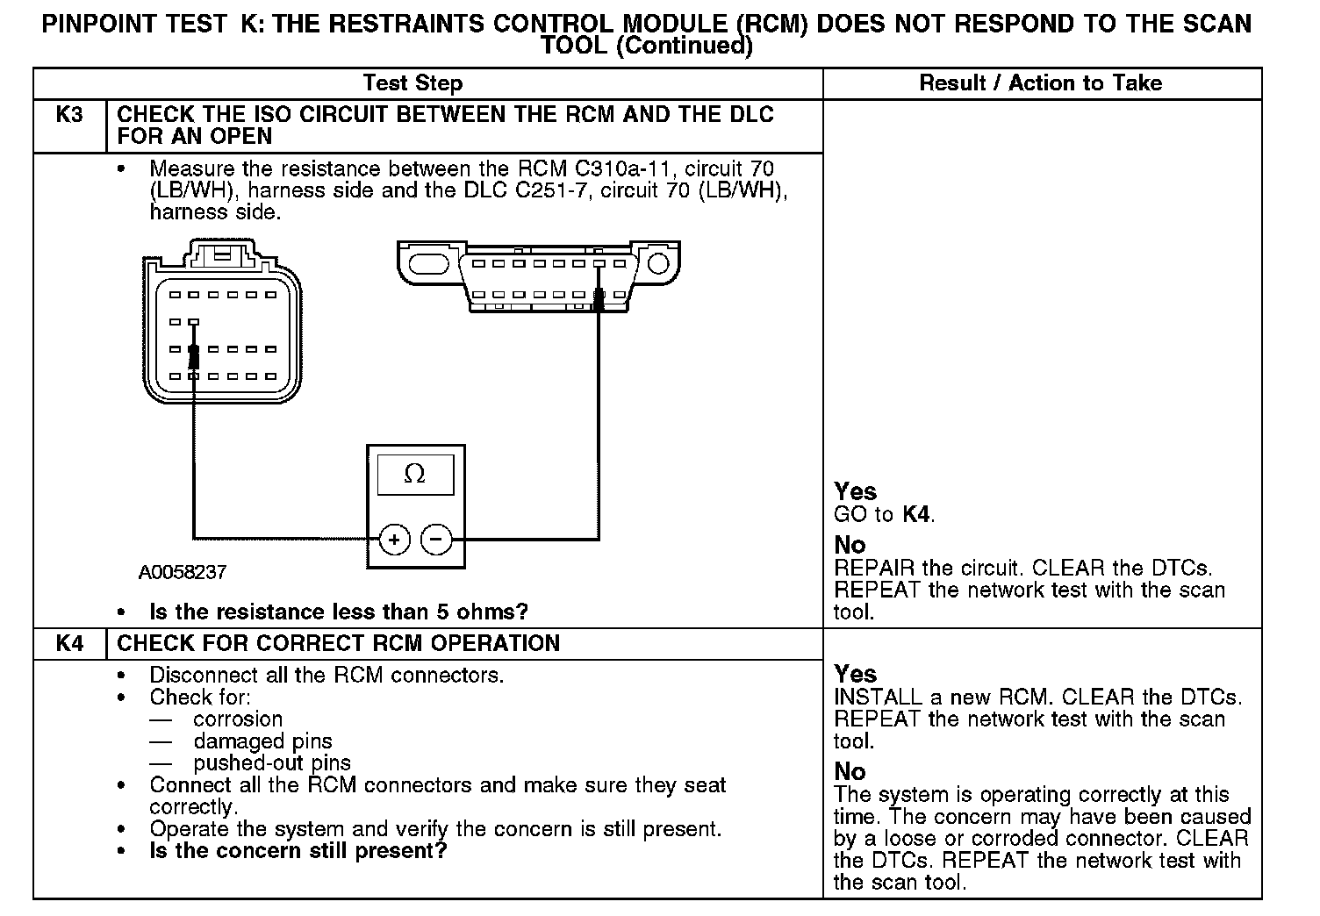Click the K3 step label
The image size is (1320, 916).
[x=68, y=115]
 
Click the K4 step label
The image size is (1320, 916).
[x=68, y=643]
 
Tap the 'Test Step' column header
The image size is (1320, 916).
[x=412, y=83]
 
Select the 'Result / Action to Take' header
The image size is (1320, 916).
[x=1040, y=83]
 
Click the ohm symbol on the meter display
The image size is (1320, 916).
[x=415, y=475]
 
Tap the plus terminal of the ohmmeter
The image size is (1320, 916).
[x=394, y=539]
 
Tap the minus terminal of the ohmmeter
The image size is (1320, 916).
[x=437, y=539]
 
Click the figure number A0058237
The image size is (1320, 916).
[x=183, y=573]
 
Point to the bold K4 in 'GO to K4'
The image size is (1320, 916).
[x=915, y=514]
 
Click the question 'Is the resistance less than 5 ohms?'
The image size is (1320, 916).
[x=339, y=612]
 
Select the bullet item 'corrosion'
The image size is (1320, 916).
[x=238, y=719]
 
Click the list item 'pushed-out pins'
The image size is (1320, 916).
[x=272, y=763]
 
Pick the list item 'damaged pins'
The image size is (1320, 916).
[x=262, y=741]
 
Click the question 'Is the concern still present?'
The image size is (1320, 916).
[x=298, y=851]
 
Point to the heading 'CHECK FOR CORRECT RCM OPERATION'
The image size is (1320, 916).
[x=338, y=643]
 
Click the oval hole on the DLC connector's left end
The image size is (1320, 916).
[x=430, y=263]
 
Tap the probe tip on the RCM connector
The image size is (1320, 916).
[x=194, y=356]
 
